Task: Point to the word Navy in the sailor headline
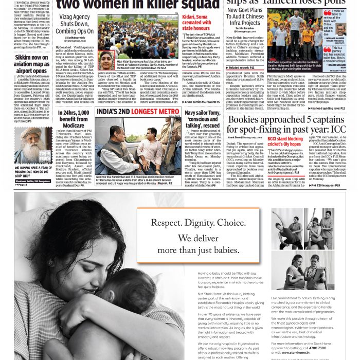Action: tap(191, 112)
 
